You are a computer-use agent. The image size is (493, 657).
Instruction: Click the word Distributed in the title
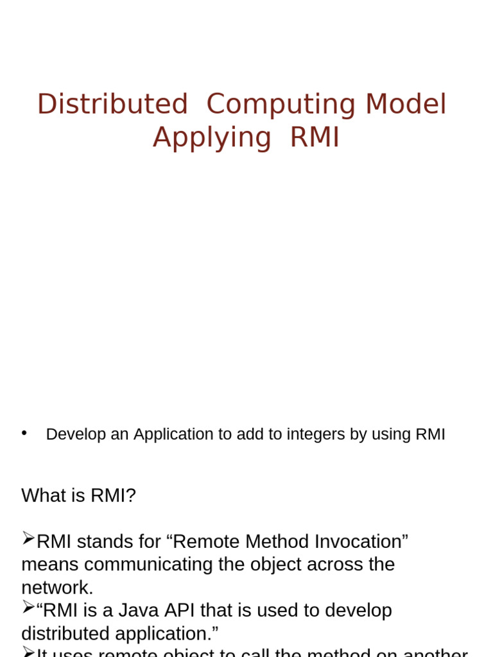tap(112, 105)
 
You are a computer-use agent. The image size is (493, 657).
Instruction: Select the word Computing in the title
tap(281, 105)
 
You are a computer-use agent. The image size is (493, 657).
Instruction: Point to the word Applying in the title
tap(212, 137)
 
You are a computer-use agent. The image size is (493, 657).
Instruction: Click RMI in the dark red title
tap(314, 137)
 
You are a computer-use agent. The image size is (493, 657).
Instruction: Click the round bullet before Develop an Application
tap(24, 433)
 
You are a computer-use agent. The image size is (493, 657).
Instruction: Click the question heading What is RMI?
tap(78, 495)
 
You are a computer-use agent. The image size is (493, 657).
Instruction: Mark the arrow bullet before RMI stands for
tap(28, 538)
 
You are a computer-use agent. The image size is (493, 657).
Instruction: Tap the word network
tap(56, 588)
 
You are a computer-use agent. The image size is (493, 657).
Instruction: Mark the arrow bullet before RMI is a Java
tap(28, 607)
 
